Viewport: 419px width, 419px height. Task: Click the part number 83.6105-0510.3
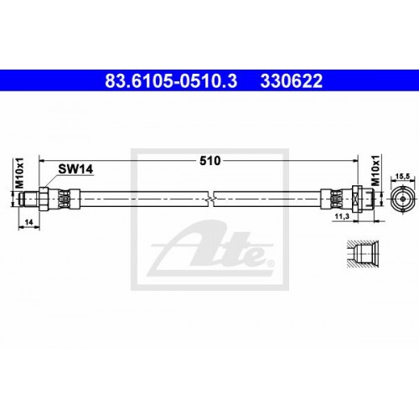point(171,81)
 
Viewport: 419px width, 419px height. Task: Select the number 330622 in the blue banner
point(292,81)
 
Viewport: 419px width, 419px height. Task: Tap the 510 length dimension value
point(210,161)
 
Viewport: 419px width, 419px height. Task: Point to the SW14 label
point(75,169)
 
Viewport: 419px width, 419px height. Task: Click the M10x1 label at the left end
point(19,173)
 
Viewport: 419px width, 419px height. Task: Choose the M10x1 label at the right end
point(375,170)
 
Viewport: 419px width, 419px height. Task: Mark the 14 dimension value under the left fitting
point(28,222)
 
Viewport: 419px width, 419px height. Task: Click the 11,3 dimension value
point(342,216)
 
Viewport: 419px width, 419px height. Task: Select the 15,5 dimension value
point(402,177)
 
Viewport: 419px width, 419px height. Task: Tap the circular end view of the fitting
point(402,199)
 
